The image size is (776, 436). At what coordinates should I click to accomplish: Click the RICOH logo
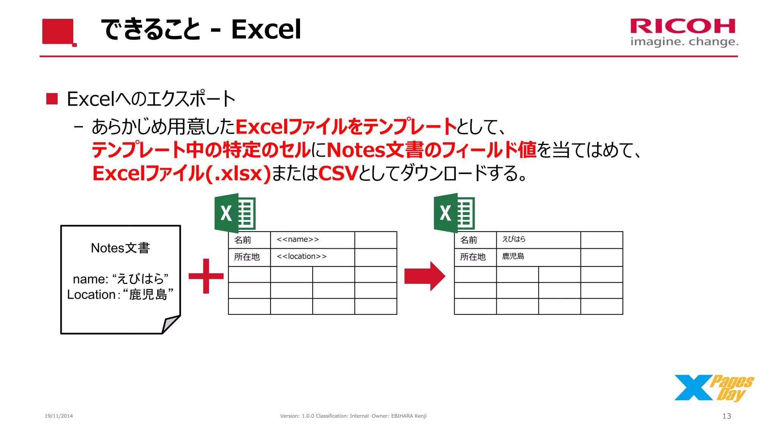[683, 26]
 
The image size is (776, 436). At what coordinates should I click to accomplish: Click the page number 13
[726, 416]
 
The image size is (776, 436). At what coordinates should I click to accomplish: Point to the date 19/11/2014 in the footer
[59, 416]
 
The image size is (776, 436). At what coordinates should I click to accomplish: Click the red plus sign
[206, 276]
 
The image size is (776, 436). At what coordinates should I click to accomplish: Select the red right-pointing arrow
[424, 276]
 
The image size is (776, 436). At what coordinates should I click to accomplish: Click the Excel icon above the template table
[235, 213]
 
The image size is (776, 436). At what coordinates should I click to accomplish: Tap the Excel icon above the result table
[454, 213]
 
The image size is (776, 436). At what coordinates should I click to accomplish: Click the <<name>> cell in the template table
[312, 240]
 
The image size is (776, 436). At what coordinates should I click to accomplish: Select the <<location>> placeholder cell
[312, 257]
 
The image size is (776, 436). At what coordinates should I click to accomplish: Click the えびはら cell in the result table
[538, 240]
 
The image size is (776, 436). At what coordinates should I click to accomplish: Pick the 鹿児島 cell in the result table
[538, 257]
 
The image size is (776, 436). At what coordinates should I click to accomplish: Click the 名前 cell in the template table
[249, 240]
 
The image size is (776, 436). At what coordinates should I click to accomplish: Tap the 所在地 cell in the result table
[475, 257]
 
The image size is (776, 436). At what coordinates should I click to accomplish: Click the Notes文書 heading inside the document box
[120, 248]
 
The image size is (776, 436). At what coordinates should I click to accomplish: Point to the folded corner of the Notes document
[170, 324]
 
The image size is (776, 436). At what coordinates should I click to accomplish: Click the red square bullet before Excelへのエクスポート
[52, 99]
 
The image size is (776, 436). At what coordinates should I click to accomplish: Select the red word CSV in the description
[338, 173]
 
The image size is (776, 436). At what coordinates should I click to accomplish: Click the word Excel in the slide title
[266, 30]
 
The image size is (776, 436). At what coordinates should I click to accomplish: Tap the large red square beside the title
[58, 31]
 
